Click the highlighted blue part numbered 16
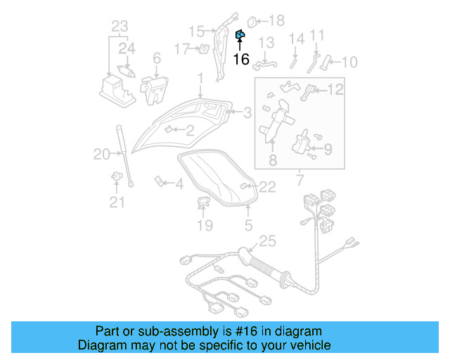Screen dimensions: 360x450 point(240,34)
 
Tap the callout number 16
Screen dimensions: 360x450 point(240,59)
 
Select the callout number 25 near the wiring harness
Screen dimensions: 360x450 point(268,242)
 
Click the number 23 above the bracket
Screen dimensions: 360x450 point(120,27)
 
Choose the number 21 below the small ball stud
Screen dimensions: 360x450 point(116,203)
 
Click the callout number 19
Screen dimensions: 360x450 point(204,225)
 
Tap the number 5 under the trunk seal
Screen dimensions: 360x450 point(247,226)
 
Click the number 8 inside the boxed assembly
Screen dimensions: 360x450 point(273,160)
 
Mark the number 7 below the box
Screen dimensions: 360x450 point(301,181)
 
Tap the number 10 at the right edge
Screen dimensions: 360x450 point(349,63)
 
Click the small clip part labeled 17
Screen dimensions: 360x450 point(202,49)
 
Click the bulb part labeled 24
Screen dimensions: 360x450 point(128,70)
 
